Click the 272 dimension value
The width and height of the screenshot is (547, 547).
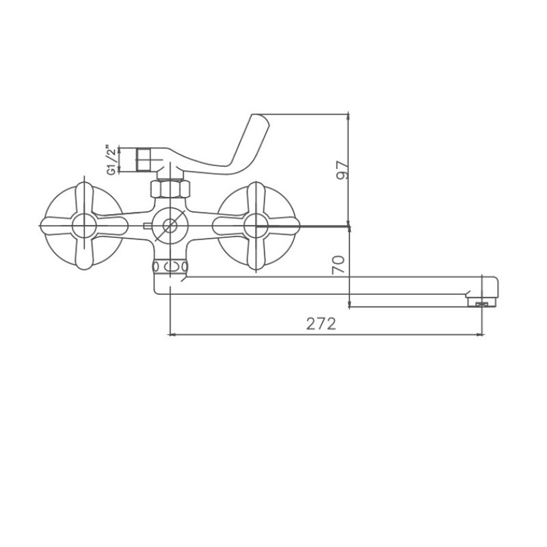click(321, 324)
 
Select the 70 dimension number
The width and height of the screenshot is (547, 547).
click(338, 265)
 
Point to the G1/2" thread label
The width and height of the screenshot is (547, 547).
click(111, 161)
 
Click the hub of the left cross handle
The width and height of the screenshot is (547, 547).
click(84, 226)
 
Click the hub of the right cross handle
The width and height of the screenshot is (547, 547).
click(256, 226)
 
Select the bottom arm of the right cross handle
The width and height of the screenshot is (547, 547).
click(256, 254)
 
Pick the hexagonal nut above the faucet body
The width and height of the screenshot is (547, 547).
click(170, 189)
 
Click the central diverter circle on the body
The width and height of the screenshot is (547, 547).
click(170, 226)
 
